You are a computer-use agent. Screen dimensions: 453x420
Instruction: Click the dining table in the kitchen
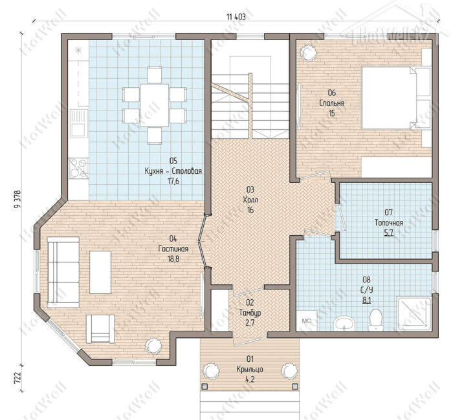click(154, 105)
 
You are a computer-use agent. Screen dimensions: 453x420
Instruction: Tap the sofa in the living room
click(63, 272)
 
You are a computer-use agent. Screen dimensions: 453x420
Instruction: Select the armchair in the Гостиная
click(100, 329)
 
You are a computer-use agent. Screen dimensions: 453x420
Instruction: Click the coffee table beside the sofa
click(100, 272)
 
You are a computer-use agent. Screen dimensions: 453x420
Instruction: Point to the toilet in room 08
click(375, 319)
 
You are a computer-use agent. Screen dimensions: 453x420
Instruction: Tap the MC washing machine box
click(306, 320)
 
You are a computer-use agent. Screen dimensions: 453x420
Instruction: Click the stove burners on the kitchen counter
click(78, 168)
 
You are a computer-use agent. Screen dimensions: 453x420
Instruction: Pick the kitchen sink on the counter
click(78, 123)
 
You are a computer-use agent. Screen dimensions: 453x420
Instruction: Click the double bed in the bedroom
click(396, 98)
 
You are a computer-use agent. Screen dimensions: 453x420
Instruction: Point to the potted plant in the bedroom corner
click(307, 52)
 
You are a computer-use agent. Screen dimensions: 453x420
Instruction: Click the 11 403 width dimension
click(236, 17)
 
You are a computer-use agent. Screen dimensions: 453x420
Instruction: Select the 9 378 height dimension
click(16, 199)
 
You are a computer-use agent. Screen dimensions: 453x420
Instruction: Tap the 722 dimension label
click(17, 377)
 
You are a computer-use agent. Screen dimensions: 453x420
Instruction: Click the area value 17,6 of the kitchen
click(173, 181)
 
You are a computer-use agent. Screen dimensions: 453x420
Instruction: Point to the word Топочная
click(389, 223)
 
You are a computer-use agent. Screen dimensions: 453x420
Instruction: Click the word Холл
click(250, 200)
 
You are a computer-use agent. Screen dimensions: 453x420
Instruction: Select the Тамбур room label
click(250, 313)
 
